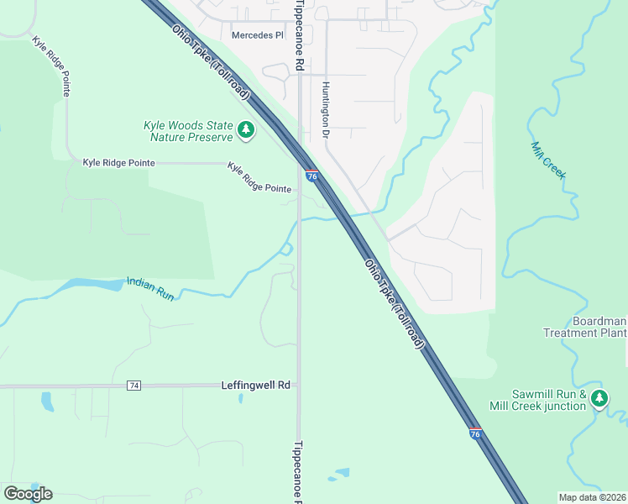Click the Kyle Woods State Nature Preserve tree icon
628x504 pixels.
246,129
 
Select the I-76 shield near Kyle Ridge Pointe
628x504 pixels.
311,176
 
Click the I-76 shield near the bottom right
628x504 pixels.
475,434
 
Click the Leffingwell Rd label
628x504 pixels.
255,385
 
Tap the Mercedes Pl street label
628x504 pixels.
257,35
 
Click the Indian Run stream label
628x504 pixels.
149,288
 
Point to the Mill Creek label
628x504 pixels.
548,160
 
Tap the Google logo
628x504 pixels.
28,494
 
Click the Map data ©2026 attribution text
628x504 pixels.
592,497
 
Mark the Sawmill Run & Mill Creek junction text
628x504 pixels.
549,401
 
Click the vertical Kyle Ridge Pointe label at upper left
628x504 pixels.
51,65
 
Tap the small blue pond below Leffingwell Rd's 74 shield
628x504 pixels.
47,402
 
